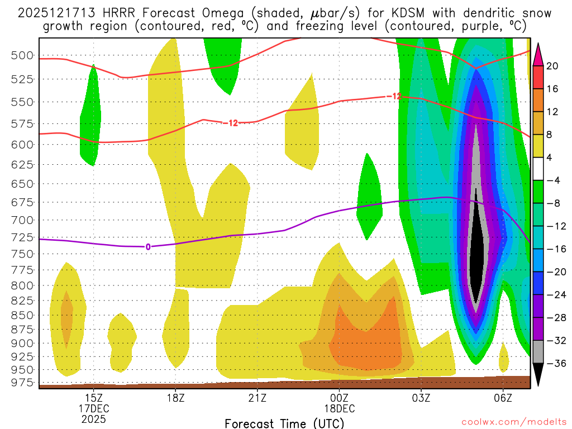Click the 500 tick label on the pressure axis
click(23, 55)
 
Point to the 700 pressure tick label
click(23, 220)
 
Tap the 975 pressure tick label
click(23, 383)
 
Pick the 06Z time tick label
click(503, 398)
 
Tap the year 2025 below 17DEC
click(93, 418)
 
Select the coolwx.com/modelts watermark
click(512, 420)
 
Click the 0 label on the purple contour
click(147, 246)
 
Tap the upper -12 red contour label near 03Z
click(394, 96)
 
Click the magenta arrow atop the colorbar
click(538, 54)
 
